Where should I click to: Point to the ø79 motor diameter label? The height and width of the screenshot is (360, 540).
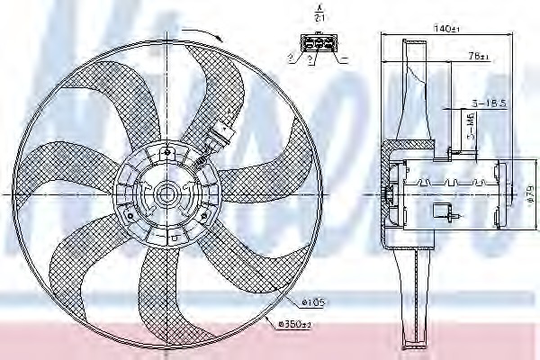point(529,192)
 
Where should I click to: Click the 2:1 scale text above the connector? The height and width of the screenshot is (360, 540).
point(317,17)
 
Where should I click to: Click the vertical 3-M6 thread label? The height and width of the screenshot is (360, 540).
point(472,135)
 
